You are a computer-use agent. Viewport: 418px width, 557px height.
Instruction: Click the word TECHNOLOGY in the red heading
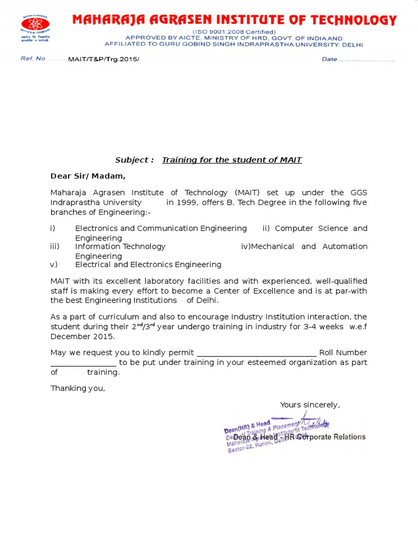350,21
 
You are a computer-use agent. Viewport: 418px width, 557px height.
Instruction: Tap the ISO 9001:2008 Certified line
233,32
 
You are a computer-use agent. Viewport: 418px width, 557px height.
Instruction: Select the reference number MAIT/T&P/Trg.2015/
103,59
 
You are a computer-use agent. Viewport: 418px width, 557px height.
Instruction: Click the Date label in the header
330,59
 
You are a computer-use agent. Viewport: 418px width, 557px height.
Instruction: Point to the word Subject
134,160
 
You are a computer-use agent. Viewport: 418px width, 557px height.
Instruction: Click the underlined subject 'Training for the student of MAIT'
232,160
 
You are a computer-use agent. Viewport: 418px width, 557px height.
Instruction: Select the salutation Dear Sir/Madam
88,176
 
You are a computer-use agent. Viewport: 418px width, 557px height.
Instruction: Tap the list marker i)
53,228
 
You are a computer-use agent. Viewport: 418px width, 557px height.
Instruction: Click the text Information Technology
120,246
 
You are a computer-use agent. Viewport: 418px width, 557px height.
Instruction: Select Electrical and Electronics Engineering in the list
148,264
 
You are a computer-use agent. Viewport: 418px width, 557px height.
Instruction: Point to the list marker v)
53,264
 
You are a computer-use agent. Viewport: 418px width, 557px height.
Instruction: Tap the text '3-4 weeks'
325,326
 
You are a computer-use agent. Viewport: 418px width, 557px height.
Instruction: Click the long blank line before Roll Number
256,353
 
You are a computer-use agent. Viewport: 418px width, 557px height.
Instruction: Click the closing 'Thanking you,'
78,388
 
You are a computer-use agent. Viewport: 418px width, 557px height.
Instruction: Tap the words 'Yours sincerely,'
310,405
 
